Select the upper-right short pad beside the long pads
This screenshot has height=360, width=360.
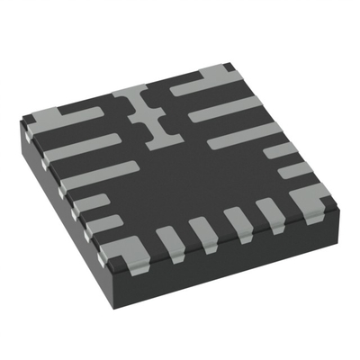coord(279,149)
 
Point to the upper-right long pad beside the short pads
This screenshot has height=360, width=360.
coord(243,135)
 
